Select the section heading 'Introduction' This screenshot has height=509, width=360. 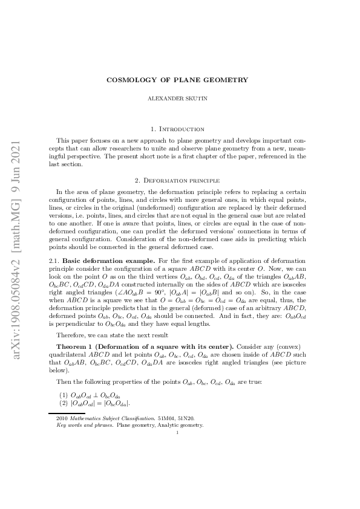[184, 129]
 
